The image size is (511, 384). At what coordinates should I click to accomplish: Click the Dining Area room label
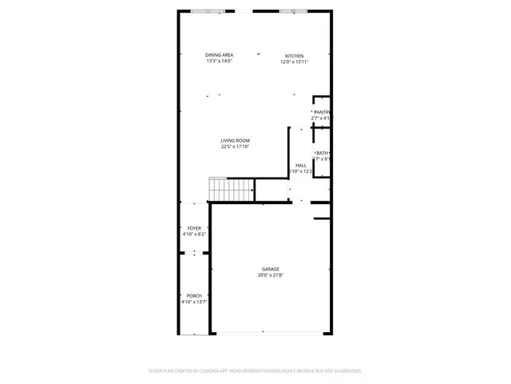[218, 55]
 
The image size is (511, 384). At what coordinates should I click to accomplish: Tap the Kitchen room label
[295, 56]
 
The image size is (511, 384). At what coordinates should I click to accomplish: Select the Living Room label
[232, 142]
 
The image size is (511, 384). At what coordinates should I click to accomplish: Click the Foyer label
[194, 228]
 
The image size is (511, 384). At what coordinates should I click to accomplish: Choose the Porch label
[194, 296]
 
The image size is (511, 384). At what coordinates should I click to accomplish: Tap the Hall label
[301, 166]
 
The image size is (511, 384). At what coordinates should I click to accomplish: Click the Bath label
[323, 153]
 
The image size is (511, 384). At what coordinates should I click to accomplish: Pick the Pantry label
[322, 112]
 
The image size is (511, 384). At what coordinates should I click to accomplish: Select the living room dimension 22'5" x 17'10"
[232, 147]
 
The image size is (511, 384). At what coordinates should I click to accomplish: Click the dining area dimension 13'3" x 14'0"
[218, 61]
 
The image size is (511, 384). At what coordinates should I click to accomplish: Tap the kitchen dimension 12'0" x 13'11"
[295, 62]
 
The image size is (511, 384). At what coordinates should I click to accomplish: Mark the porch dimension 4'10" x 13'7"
[194, 302]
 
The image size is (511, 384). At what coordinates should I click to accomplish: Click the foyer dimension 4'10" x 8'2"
[194, 234]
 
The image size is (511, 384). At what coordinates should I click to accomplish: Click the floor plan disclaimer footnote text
[255, 371]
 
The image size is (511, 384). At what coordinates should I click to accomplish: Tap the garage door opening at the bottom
[269, 333]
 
